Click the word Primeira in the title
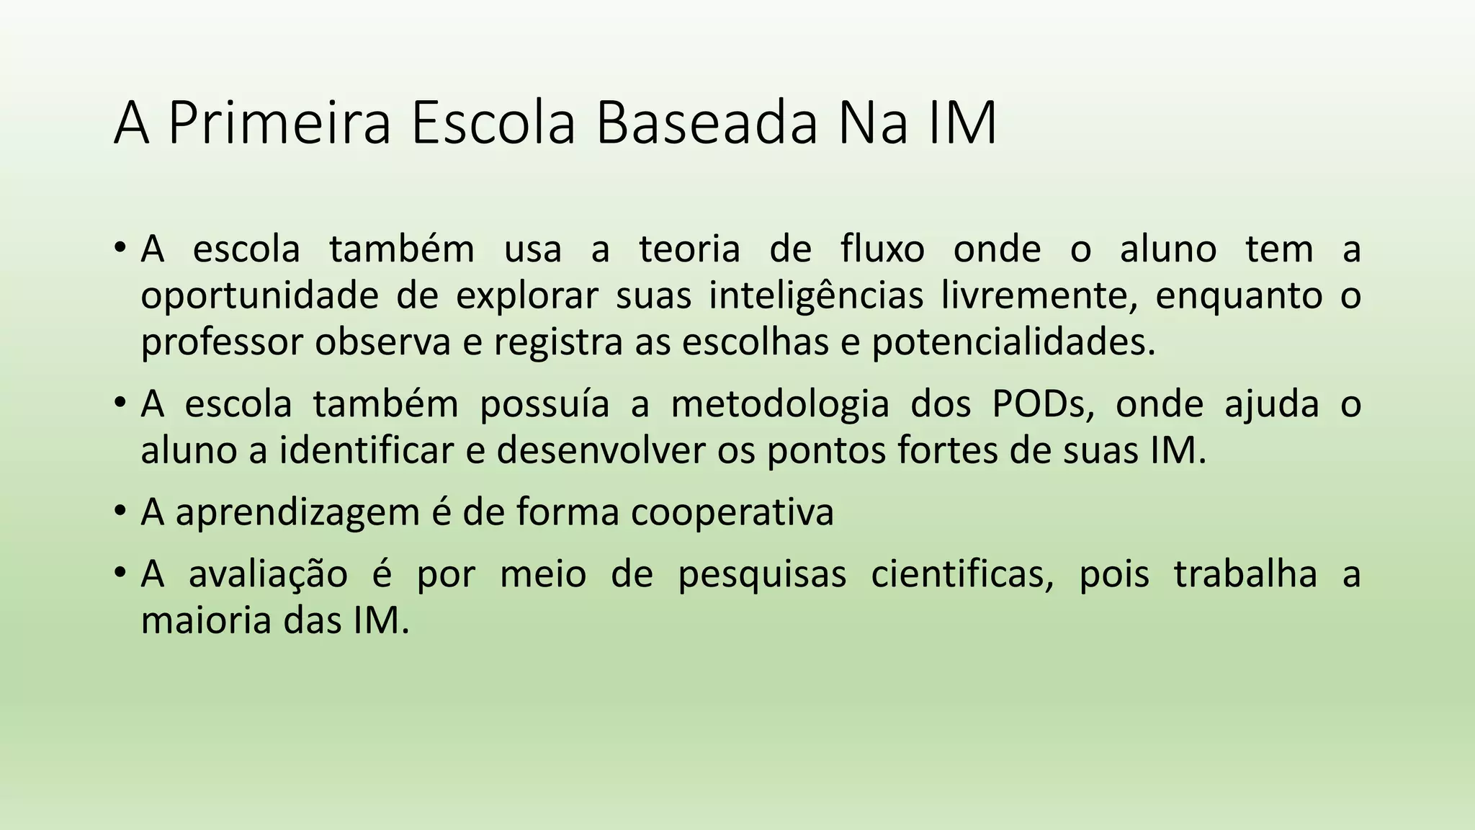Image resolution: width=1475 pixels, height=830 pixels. (x=279, y=123)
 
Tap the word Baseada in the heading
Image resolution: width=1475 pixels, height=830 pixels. (x=707, y=123)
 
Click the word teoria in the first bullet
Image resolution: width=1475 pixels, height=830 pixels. (x=689, y=249)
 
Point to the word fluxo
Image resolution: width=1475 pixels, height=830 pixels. (x=882, y=249)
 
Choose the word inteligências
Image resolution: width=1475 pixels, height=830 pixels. (x=816, y=295)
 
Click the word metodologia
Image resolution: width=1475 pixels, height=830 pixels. (x=780, y=404)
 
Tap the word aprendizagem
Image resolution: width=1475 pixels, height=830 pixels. (x=297, y=513)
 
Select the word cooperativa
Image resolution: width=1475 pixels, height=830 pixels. (x=732, y=513)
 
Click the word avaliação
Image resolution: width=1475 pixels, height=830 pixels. (x=268, y=575)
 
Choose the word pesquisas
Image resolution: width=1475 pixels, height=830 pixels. (x=762, y=575)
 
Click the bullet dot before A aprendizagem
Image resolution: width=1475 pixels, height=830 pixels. (x=120, y=512)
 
